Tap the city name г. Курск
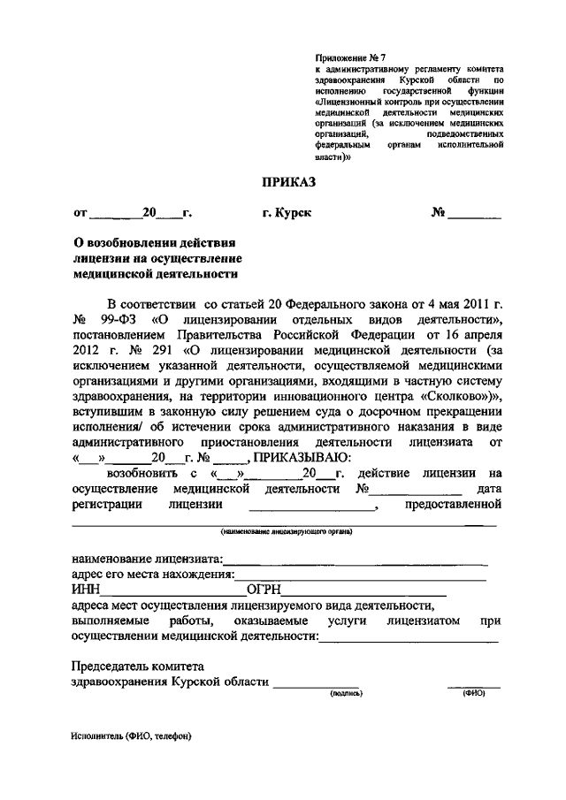pyautogui.click(x=287, y=213)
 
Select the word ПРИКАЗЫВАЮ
pyautogui.click(x=303, y=457)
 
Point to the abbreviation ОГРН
pyautogui.click(x=265, y=590)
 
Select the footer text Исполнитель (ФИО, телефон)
pyautogui.click(x=133, y=735)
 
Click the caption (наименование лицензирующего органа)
pyautogui.click(x=287, y=531)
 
